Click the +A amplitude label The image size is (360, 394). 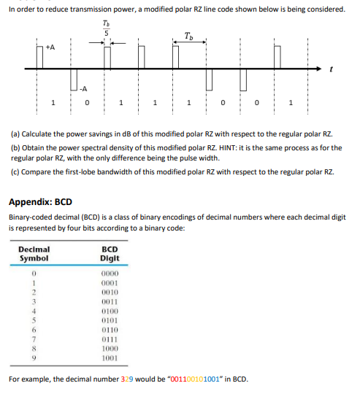[x=50, y=46]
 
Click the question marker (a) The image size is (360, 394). [x=15, y=134]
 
